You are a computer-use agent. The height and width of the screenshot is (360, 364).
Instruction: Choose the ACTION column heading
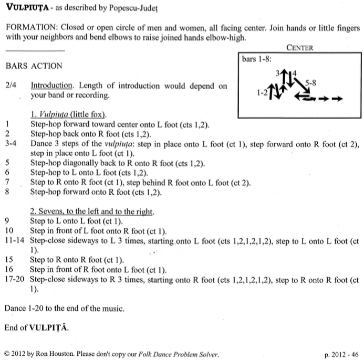pyautogui.click(x=47, y=66)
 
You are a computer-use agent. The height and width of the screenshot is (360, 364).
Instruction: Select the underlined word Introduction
pyautogui.click(x=51, y=86)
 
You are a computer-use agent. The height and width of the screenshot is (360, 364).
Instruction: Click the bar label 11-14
pyautogui.click(x=15, y=241)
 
